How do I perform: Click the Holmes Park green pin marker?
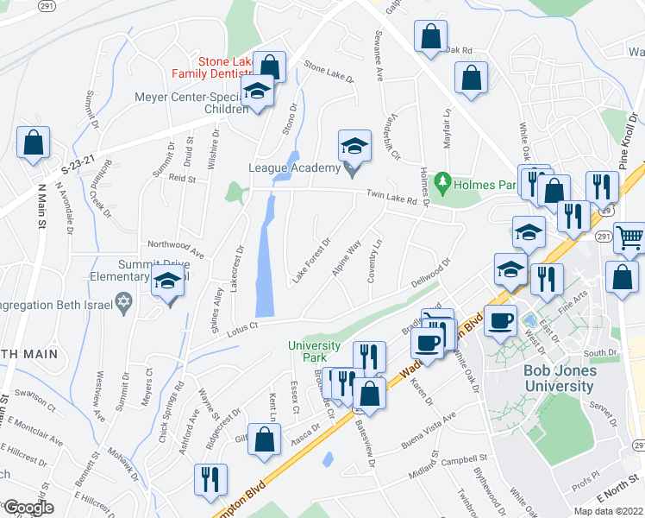point(442,182)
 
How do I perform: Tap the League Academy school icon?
point(354,146)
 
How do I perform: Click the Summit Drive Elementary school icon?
point(167,282)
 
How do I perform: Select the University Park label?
point(314,352)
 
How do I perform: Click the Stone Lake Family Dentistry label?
point(227,67)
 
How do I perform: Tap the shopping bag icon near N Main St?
point(33,143)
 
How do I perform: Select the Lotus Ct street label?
point(242,325)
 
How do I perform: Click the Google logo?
point(28,509)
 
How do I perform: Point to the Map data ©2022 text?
point(609,511)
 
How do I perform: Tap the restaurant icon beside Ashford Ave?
point(210,479)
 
